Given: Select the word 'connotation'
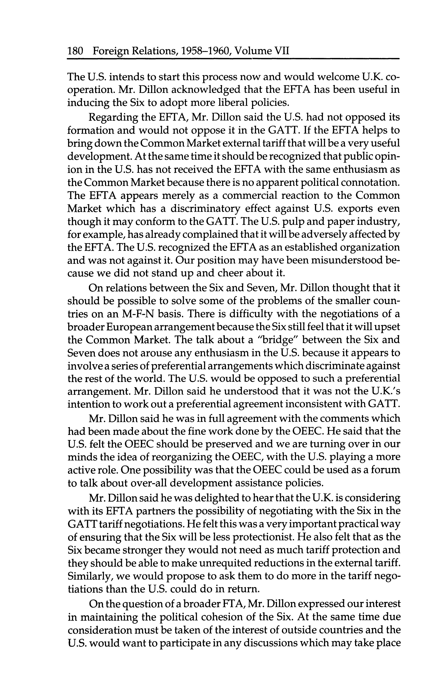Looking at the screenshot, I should [369, 182].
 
